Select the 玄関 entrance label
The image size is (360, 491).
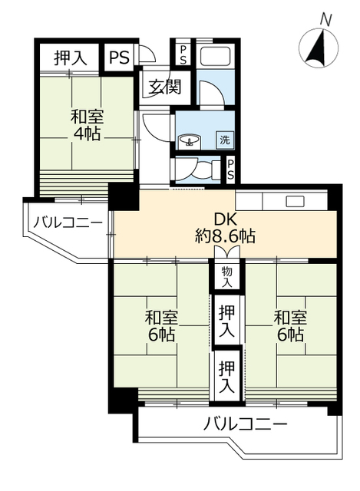(164, 87)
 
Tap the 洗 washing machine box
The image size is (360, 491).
(224, 140)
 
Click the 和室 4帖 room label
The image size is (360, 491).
(88, 125)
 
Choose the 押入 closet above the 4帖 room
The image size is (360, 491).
(69, 57)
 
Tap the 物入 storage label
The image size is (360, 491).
(226, 277)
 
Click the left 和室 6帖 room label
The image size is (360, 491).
(160, 326)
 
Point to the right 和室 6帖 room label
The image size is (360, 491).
(289, 326)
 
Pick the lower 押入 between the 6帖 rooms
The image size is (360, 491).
(226, 376)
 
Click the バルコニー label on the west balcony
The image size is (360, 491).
(68, 224)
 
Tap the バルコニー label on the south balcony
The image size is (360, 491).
(246, 423)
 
